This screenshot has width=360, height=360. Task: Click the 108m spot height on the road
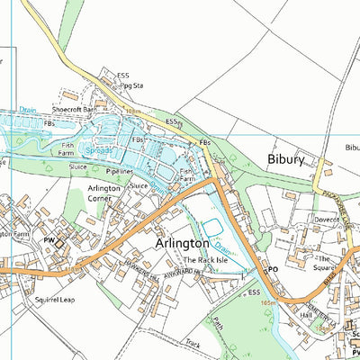click(x=134, y=110)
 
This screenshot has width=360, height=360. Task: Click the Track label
click(x=193, y=342)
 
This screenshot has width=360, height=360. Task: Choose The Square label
click(x=323, y=262)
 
